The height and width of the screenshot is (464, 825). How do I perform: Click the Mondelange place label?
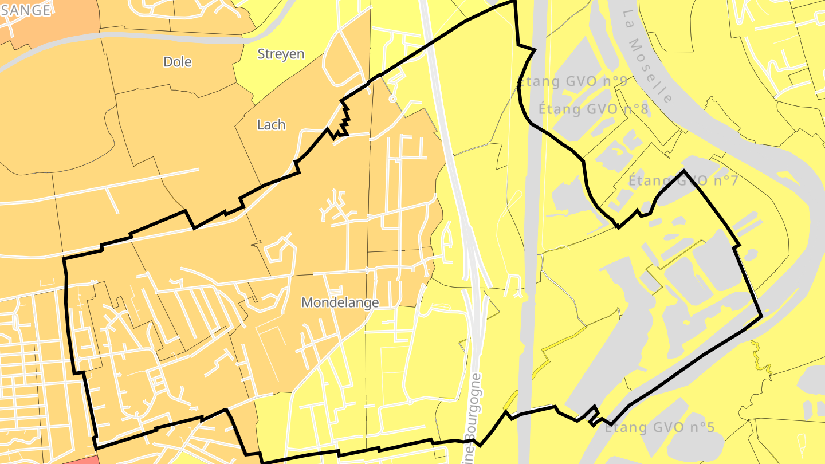click(340, 302)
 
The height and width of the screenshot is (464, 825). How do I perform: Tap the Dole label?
click(178, 62)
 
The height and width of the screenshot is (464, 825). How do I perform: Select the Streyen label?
click(281, 54)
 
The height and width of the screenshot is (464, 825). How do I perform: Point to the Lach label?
click(271, 124)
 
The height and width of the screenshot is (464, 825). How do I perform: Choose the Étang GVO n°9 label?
click(572, 81)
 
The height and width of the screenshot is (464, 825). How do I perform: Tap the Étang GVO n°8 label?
click(594, 108)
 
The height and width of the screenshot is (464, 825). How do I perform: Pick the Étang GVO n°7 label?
click(683, 180)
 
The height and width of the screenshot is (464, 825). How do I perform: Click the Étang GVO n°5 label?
click(660, 427)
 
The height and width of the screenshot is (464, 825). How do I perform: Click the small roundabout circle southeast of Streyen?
click(392, 99)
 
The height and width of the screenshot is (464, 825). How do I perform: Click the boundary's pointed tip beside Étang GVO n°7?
click(683, 171)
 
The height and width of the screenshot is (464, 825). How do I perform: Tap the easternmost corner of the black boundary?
click(761, 316)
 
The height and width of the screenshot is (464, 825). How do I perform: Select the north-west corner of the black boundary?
click(64, 259)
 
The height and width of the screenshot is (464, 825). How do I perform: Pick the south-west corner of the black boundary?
click(96, 447)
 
